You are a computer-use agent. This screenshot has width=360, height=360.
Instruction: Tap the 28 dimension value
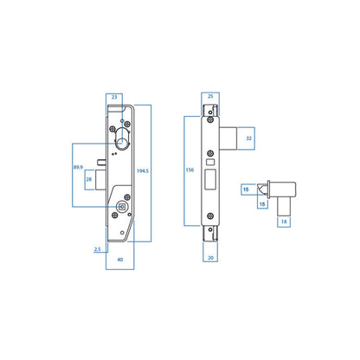pyautogui.click(x=88, y=180)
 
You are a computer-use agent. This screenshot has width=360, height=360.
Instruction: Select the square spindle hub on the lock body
pyautogui.click(x=120, y=207)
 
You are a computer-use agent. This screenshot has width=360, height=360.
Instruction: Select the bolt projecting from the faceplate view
pyautogui.click(x=229, y=137)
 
